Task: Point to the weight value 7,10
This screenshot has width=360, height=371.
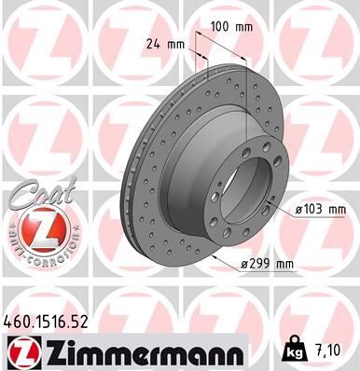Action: pyautogui.click(x=332, y=352)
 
